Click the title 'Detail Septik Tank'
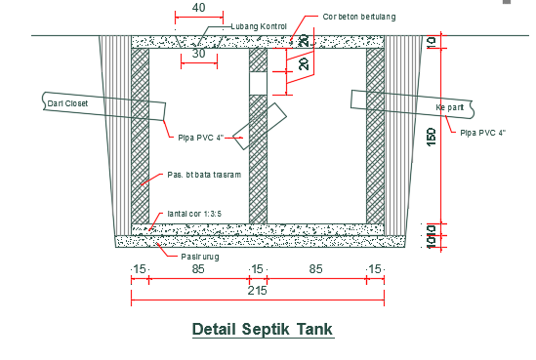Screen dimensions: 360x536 click(x=263, y=329)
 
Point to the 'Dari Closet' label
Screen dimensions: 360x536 click(x=68, y=101)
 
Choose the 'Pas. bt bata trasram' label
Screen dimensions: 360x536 click(x=203, y=176)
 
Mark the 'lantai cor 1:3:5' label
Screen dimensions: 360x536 click(x=194, y=212)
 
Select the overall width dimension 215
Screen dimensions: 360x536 click(x=257, y=292)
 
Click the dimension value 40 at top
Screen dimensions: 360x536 click(x=198, y=8)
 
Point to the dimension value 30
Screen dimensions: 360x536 click(x=199, y=55)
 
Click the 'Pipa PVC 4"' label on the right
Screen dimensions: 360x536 click(x=482, y=132)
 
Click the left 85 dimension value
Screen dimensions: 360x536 click(x=198, y=268)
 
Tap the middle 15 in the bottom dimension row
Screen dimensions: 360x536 click(x=257, y=268)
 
